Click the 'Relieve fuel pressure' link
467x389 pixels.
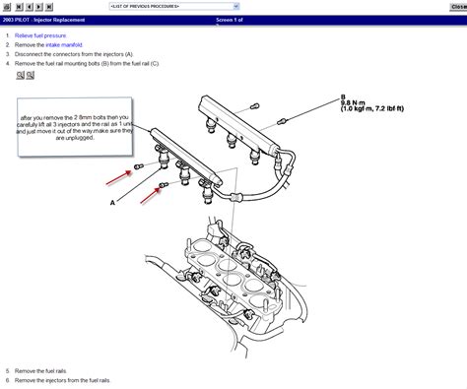(x=40, y=35)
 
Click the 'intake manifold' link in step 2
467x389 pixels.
(x=65, y=44)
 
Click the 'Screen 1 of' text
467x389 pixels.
(x=233, y=19)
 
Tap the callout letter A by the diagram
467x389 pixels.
(x=112, y=202)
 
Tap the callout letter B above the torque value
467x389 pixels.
(x=343, y=95)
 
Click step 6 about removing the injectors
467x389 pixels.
(x=63, y=380)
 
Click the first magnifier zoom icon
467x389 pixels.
(x=20, y=74)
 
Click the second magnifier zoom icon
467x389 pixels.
(x=31, y=74)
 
